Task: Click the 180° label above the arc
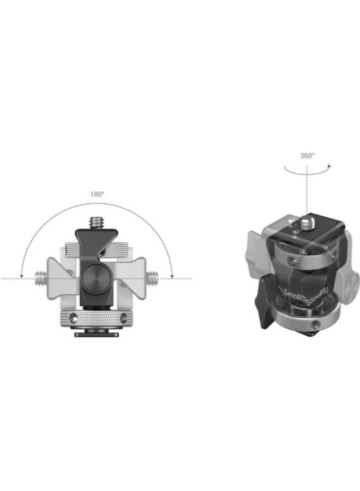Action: (x=98, y=193)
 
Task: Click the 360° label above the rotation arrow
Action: (x=307, y=155)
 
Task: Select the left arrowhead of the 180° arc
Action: (x=21, y=276)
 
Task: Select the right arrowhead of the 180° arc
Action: (x=172, y=276)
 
